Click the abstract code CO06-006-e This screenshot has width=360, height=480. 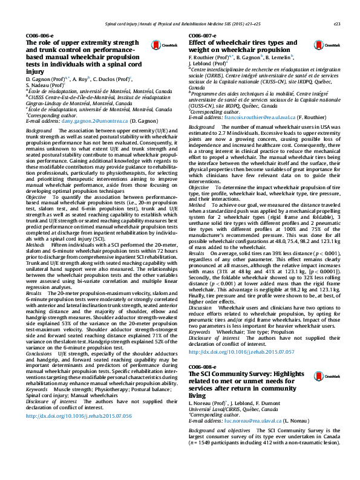(39, 36)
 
